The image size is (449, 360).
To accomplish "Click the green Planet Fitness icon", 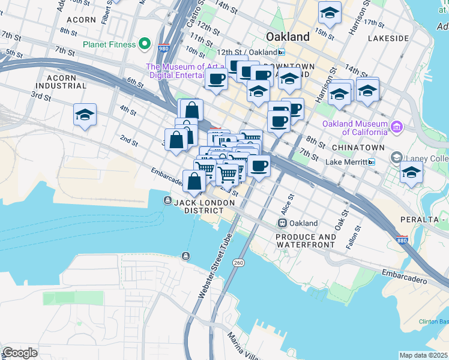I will tap(144, 43).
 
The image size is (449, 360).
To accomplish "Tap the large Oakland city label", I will tap(288, 37).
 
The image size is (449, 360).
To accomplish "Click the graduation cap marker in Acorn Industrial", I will tap(85, 115).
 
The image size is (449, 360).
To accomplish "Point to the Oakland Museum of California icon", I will tap(396, 127).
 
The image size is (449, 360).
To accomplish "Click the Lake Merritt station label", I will tap(346, 162).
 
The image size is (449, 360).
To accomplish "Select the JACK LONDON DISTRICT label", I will tap(204, 207).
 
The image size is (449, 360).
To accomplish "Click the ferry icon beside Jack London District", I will tap(166, 200).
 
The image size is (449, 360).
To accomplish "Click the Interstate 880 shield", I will tap(402, 239).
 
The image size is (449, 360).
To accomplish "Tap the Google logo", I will tap(20, 353).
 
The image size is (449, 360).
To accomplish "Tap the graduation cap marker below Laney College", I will tap(411, 172).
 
